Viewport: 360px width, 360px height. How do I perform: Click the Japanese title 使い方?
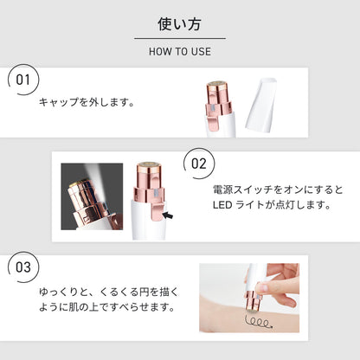[x=179, y=24]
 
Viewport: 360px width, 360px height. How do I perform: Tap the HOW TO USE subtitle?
[x=180, y=52]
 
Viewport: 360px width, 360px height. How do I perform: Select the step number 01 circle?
[x=23, y=80]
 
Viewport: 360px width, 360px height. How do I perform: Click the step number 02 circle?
[x=199, y=164]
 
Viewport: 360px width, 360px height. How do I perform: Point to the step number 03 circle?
[x=23, y=267]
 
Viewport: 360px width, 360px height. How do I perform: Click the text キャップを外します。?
[x=87, y=102]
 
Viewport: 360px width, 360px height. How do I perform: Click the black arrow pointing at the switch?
[x=168, y=215]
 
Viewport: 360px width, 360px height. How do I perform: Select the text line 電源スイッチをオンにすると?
[x=278, y=190]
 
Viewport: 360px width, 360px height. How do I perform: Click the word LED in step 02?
[x=222, y=205]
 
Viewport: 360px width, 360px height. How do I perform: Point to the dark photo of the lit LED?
[x=92, y=196]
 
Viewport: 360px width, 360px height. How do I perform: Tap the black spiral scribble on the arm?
[x=259, y=322]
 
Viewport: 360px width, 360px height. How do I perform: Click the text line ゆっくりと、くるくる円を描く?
[x=109, y=292]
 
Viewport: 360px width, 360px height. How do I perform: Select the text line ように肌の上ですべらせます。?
[x=107, y=307]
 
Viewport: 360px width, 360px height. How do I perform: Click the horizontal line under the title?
[x=180, y=38]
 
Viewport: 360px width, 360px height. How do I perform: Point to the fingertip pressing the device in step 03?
[x=263, y=287]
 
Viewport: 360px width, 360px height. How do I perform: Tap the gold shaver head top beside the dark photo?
[x=148, y=165]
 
